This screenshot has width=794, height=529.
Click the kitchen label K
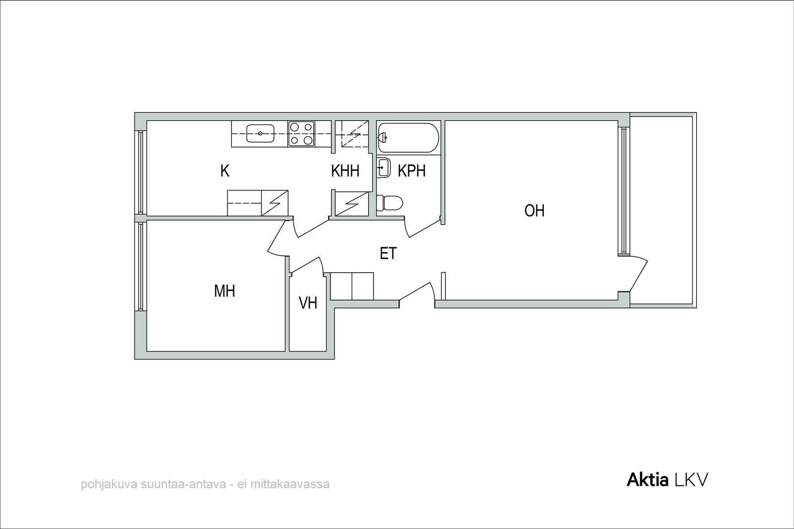click(225, 171)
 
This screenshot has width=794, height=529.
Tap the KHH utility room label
click(345, 171)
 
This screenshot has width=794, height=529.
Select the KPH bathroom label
click(411, 171)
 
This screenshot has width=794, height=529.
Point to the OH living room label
click(534, 211)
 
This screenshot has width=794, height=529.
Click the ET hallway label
click(388, 253)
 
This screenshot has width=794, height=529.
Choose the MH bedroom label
click(224, 291)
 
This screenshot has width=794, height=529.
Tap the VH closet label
click(308, 303)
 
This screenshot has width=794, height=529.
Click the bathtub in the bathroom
click(408, 138)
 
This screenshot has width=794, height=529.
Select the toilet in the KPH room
click(390, 203)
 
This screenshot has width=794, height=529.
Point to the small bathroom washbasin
click(384, 168)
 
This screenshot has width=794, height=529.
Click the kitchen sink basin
click(261, 133)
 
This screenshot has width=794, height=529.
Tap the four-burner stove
click(301, 133)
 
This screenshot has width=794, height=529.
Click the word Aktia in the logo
click(648, 480)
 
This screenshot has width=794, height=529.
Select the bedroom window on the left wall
click(140, 266)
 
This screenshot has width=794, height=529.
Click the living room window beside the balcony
click(624, 191)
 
